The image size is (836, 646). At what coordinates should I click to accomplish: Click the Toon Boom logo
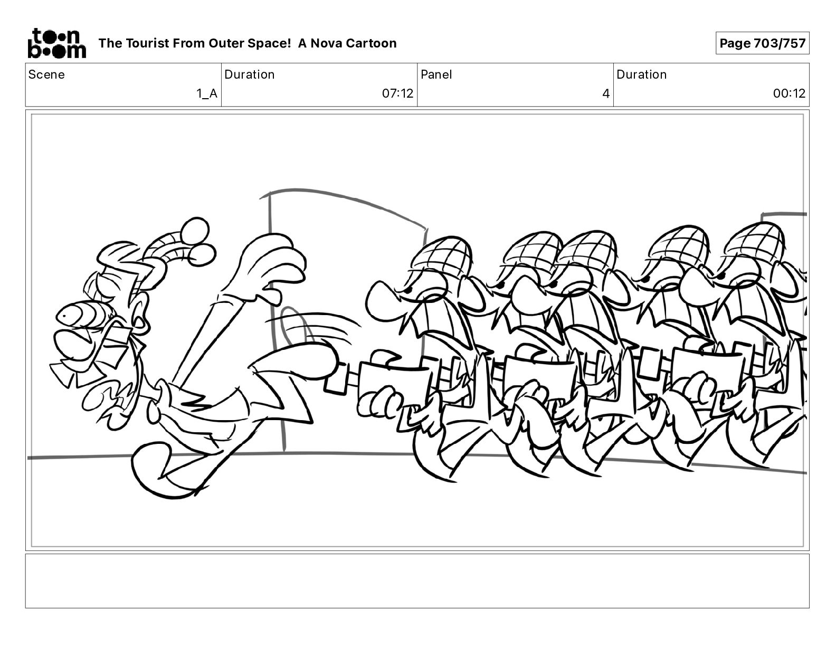click(x=57, y=43)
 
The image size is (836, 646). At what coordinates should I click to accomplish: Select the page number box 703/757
click(x=762, y=43)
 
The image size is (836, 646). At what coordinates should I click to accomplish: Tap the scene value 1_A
click(x=207, y=93)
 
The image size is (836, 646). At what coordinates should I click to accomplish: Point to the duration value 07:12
click(x=397, y=93)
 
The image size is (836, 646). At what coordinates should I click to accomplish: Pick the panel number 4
click(x=606, y=93)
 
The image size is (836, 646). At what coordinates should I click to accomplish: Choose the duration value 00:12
click(x=789, y=93)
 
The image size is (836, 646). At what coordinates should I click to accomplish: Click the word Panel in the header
click(x=436, y=74)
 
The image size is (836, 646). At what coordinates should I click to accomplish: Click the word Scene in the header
click(x=46, y=74)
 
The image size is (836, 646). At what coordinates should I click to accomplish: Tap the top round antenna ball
click(x=195, y=232)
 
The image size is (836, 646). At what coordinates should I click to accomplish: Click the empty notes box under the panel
click(x=417, y=581)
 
